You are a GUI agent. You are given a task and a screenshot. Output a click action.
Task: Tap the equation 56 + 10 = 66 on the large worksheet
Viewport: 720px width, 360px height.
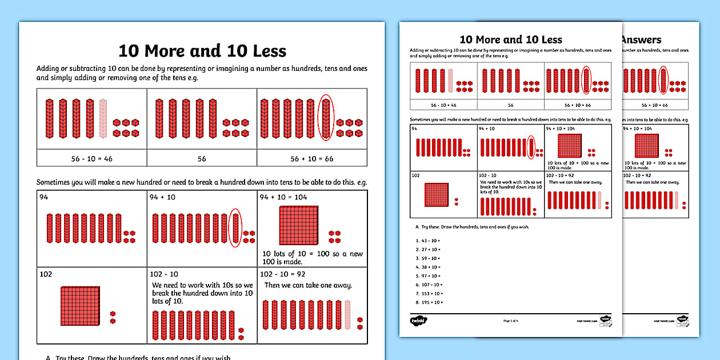[311, 158]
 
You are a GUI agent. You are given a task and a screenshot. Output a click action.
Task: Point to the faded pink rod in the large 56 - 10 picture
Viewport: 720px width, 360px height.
[103, 118]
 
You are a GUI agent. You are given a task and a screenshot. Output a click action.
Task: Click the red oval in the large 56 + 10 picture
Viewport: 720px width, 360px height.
[326, 118]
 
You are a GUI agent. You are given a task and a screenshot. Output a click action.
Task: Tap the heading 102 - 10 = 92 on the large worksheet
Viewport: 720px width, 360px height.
[282, 274]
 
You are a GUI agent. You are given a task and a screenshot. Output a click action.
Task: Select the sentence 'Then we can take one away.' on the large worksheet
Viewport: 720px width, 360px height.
[308, 285]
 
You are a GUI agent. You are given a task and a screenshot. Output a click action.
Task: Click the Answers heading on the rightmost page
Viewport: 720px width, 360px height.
[641, 40]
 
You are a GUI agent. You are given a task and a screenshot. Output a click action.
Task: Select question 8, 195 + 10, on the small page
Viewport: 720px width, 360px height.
[427, 302]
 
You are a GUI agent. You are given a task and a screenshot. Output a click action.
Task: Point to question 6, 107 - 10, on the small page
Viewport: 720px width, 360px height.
[427, 285]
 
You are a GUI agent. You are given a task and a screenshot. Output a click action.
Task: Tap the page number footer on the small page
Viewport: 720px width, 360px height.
[510, 322]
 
